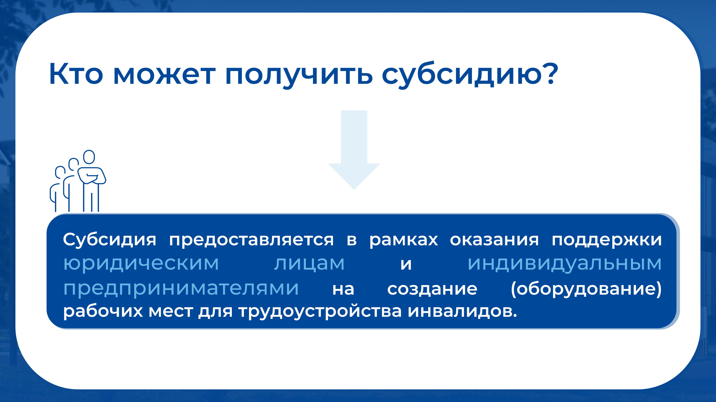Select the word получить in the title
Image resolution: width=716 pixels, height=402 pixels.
point(299,76)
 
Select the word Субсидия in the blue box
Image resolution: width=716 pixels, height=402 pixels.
point(110,239)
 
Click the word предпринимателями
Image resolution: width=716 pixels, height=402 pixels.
point(181,289)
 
